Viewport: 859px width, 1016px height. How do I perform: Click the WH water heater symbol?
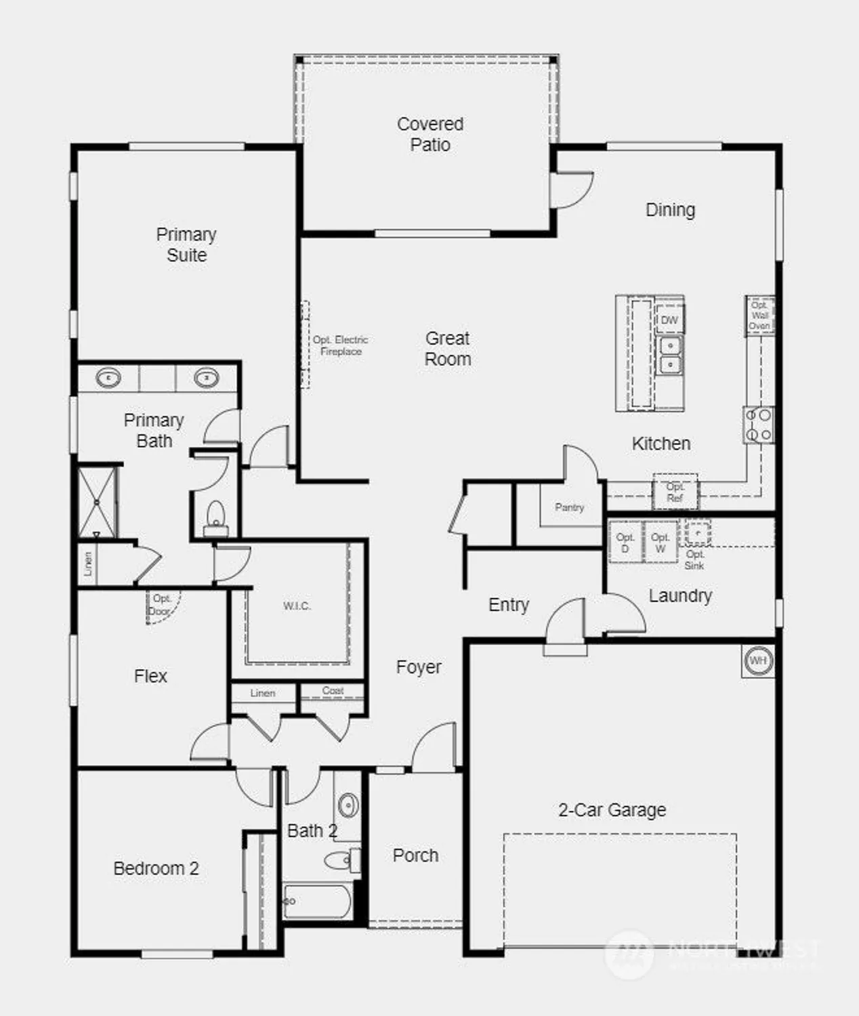[757, 660]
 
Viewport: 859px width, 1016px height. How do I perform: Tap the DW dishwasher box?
[669, 320]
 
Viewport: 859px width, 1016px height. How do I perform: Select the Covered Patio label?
[430, 134]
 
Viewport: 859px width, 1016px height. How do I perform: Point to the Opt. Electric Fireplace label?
[340, 345]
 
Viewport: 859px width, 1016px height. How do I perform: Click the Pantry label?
[569, 507]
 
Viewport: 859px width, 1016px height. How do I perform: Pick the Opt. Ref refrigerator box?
[675, 492]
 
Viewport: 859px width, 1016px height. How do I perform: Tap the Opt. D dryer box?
[625, 543]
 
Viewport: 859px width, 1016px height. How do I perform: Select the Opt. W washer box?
[660, 543]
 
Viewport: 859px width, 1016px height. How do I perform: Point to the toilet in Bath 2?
[339, 861]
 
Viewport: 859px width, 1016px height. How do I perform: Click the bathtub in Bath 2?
[317, 902]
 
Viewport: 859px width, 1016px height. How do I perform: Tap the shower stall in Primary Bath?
[97, 502]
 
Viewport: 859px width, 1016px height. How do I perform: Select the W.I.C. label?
[297, 606]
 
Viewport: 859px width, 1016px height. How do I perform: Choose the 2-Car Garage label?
[612, 810]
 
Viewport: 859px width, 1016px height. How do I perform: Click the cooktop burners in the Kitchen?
[758, 425]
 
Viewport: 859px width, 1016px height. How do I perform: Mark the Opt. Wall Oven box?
[759, 316]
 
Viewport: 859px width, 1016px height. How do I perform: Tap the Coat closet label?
[333, 691]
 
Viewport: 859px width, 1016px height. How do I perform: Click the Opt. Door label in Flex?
[161, 605]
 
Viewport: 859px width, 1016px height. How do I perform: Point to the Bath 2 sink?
[348, 805]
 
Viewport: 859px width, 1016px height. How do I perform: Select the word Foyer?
[419, 667]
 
